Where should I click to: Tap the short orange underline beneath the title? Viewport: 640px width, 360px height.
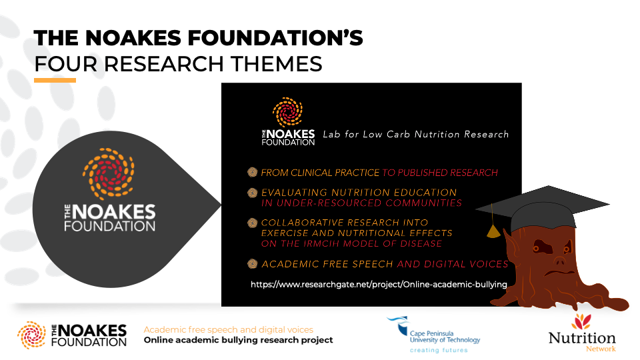[x=55, y=81]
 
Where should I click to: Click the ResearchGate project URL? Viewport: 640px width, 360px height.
[x=379, y=285]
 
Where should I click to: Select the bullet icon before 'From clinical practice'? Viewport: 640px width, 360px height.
[x=253, y=173]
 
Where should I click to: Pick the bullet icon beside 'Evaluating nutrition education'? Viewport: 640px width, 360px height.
[x=253, y=193]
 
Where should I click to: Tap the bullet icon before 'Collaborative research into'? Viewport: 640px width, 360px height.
[x=253, y=223]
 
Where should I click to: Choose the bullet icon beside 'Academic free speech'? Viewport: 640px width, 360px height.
[x=253, y=264]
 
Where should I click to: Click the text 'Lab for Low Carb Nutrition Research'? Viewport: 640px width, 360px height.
[x=415, y=135]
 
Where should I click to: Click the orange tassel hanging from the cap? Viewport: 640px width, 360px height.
[x=493, y=231]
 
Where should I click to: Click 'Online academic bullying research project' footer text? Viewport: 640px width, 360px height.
[x=238, y=340]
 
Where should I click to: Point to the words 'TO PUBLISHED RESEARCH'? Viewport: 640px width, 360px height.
[x=440, y=173]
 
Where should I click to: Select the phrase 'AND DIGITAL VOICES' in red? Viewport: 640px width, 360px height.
[x=453, y=264]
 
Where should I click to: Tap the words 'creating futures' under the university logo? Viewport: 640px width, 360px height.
[x=439, y=350]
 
